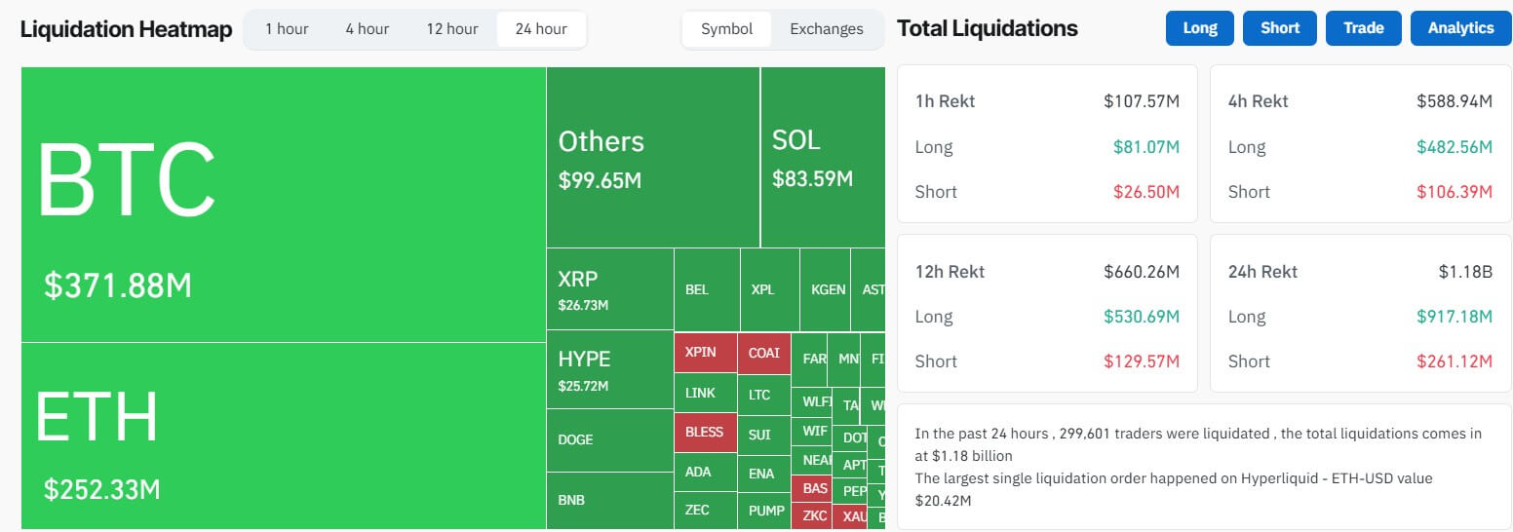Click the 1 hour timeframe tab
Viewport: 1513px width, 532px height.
[287, 29]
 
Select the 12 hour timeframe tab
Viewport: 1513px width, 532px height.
[451, 29]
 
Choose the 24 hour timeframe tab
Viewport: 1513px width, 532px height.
[541, 29]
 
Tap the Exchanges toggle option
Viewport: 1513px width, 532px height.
[826, 29]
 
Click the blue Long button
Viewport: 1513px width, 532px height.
[1199, 28]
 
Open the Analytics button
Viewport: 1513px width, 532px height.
[1460, 28]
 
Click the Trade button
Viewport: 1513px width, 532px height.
[1363, 28]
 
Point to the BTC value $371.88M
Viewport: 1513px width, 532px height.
[118, 285]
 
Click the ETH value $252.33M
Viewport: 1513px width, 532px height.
[102, 489]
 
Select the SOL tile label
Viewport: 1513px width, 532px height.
[795, 140]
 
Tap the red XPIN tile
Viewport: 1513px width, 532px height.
[700, 353]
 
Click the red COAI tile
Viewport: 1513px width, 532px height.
[763, 353]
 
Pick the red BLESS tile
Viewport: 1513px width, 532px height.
[704, 432]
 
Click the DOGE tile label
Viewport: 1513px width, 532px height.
[575, 439]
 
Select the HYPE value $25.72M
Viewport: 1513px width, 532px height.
[583, 386]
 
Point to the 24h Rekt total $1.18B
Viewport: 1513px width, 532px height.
[1465, 272]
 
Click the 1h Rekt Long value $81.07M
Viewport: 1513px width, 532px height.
[1146, 147]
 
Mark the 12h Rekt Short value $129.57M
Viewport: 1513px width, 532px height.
[1142, 361]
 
